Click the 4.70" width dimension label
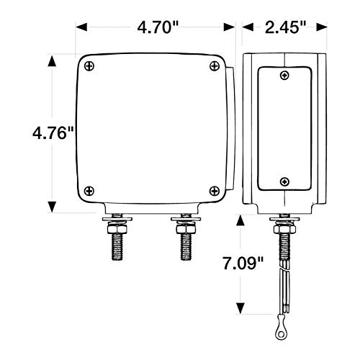pyautogui.click(x=158, y=27)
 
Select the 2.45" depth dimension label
pyautogui.click(x=285, y=27)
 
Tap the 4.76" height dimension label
pyautogui.click(x=53, y=133)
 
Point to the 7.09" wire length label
pyautogui.click(x=243, y=264)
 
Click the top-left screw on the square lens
pyautogui.click(x=89, y=66)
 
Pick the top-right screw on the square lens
pyautogui.click(x=215, y=66)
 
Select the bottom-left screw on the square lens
pyautogui.click(x=89, y=191)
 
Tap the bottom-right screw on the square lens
pyautogui.click(x=215, y=191)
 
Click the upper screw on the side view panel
pyautogui.click(x=284, y=76)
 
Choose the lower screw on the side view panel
pyautogui.click(x=284, y=181)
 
